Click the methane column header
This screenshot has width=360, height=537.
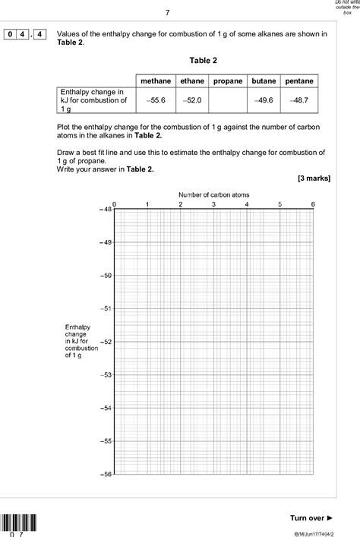click(155, 81)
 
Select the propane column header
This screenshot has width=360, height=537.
click(227, 81)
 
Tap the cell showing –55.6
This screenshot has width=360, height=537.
click(155, 100)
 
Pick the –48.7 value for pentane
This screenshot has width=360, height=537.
click(300, 100)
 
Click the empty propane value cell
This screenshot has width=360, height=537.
click(227, 100)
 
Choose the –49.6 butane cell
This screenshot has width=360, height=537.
click(264, 100)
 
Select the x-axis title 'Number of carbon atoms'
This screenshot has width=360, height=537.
click(213, 195)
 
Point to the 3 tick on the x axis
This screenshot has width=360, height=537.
click(213, 204)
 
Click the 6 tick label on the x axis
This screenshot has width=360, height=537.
click(313, 204)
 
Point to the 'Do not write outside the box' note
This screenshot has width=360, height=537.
click(345, 8)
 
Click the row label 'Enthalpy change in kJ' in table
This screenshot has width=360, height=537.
click(93, 100)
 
